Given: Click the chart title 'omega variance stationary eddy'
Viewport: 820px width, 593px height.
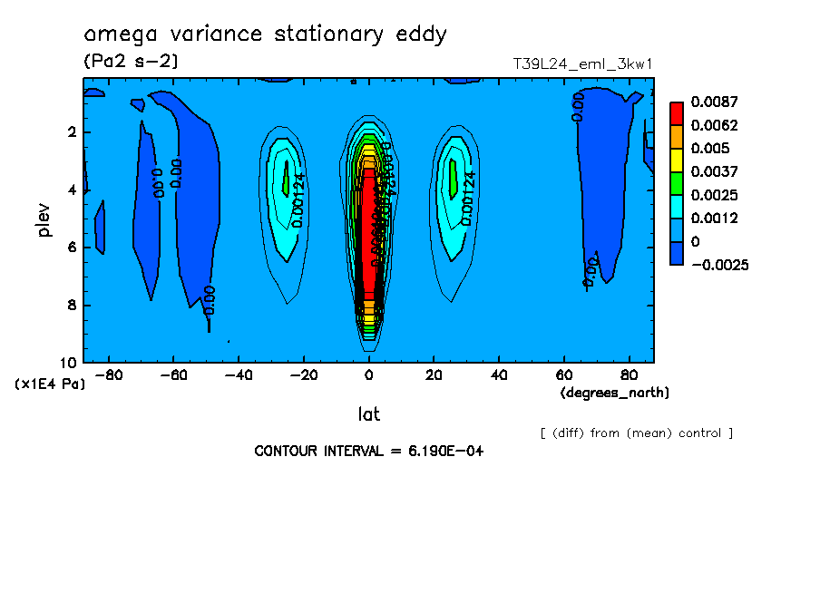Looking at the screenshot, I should click(265, 34).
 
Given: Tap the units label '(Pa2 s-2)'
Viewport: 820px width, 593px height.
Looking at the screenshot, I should click(131, 62).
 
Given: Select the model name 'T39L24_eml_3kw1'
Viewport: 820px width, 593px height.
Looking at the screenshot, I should click(582, 64).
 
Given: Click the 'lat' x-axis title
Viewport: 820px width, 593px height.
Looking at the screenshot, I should click(368, 414).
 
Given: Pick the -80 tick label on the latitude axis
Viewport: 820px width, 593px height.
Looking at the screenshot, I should click(108, 374).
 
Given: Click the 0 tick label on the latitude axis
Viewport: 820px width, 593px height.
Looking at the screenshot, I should click(368, 374).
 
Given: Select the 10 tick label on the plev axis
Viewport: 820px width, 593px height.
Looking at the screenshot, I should click(68, 363).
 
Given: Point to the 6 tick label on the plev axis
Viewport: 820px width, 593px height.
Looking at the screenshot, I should click(72, 248).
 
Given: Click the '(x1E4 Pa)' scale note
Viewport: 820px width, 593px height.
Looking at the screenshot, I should click(50, 384).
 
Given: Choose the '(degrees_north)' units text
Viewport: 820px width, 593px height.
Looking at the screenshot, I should click(615, 393).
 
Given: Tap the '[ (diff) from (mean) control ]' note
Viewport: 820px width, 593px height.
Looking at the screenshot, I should click(636, 433).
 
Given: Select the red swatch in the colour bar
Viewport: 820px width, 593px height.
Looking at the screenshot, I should click(677, 112).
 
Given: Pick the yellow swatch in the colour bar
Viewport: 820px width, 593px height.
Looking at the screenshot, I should click(677, 160).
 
